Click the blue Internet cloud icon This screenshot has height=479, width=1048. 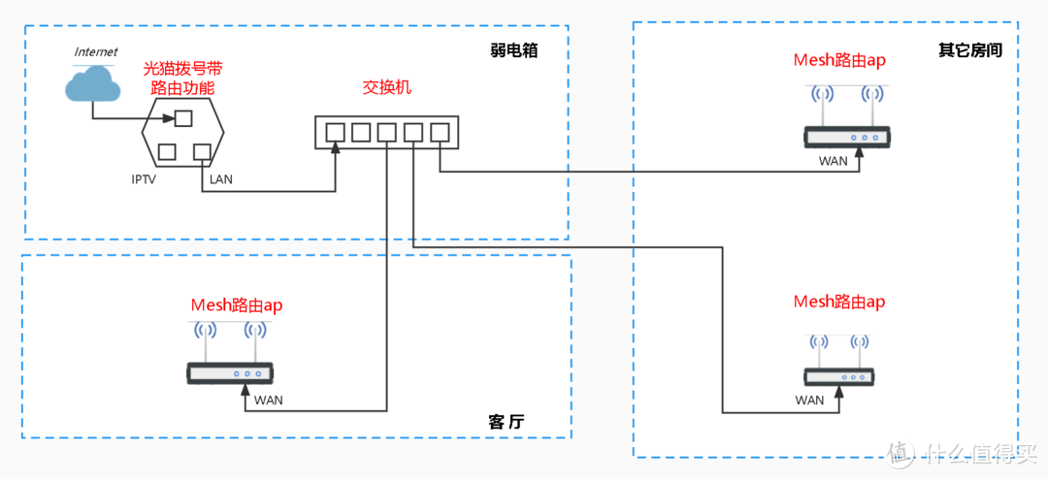[93, 86]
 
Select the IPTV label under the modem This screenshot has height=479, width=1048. [144, 179]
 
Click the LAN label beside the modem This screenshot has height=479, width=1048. [221, 179]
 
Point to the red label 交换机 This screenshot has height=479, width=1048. [387, 87]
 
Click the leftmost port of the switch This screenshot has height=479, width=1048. [336, 132]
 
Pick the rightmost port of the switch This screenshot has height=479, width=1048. [440, 132]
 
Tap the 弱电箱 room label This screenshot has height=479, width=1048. [514, 50]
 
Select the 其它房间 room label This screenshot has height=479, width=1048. [969, 50]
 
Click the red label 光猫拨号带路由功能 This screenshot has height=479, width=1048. [182, 78]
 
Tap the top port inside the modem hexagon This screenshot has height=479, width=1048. [182, 119]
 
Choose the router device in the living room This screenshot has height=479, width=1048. [231, 372]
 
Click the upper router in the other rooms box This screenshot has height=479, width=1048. [846, 138]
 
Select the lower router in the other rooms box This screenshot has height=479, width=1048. [839, 376]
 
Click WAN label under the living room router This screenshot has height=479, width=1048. [268, 399]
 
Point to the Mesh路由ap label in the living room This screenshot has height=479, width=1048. [237, 305]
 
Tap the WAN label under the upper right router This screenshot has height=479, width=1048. [833, 161]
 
